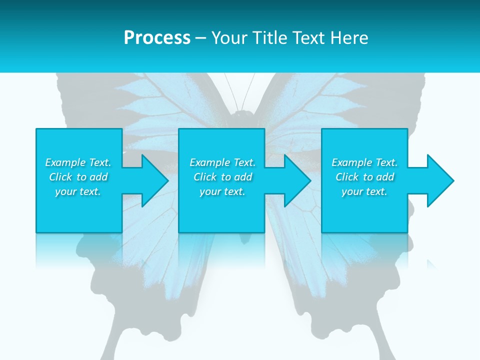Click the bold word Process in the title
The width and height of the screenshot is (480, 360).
157,38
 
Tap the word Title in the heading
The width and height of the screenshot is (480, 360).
270,38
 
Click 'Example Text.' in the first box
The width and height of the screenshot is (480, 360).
78,162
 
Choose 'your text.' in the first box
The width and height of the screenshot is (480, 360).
78,191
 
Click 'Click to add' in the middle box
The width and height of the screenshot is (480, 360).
222,177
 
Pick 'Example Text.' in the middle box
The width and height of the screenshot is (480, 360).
222,162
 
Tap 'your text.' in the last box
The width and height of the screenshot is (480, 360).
364,191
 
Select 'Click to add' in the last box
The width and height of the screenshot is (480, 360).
364,177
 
